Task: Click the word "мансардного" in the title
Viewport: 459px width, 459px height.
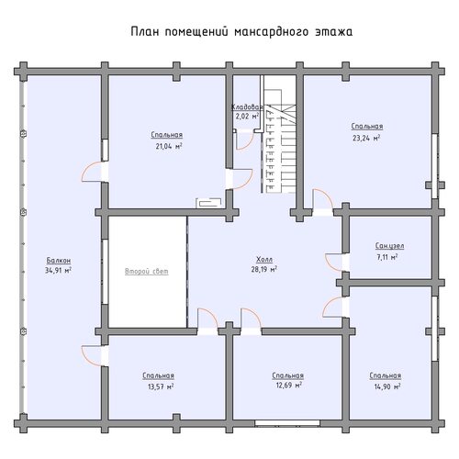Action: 271,32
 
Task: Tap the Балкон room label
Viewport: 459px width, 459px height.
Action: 59,261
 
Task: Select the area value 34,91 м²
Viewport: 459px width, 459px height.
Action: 58,271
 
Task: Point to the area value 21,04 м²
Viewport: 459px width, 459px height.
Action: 169,146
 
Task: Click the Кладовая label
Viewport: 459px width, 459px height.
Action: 247,107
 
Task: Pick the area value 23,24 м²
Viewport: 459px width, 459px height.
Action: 366,138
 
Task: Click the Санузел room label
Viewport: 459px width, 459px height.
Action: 389,246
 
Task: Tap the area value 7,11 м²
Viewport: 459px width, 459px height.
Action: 387,257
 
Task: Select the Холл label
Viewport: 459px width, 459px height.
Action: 264,260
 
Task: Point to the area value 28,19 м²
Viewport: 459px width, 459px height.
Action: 264,270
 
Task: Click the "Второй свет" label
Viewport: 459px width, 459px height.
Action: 147,271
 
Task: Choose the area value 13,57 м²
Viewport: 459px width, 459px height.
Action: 161,386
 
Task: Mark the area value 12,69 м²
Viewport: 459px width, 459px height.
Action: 288,385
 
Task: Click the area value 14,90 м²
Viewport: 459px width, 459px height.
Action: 387,386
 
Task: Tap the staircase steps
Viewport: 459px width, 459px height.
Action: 281,141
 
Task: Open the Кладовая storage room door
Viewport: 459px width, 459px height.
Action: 245,140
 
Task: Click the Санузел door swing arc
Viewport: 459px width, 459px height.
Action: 332,263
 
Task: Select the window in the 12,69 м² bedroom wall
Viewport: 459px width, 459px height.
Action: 287,423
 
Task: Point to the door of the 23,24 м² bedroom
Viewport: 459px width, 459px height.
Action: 323,199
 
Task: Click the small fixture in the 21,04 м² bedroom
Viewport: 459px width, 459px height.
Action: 209,203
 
